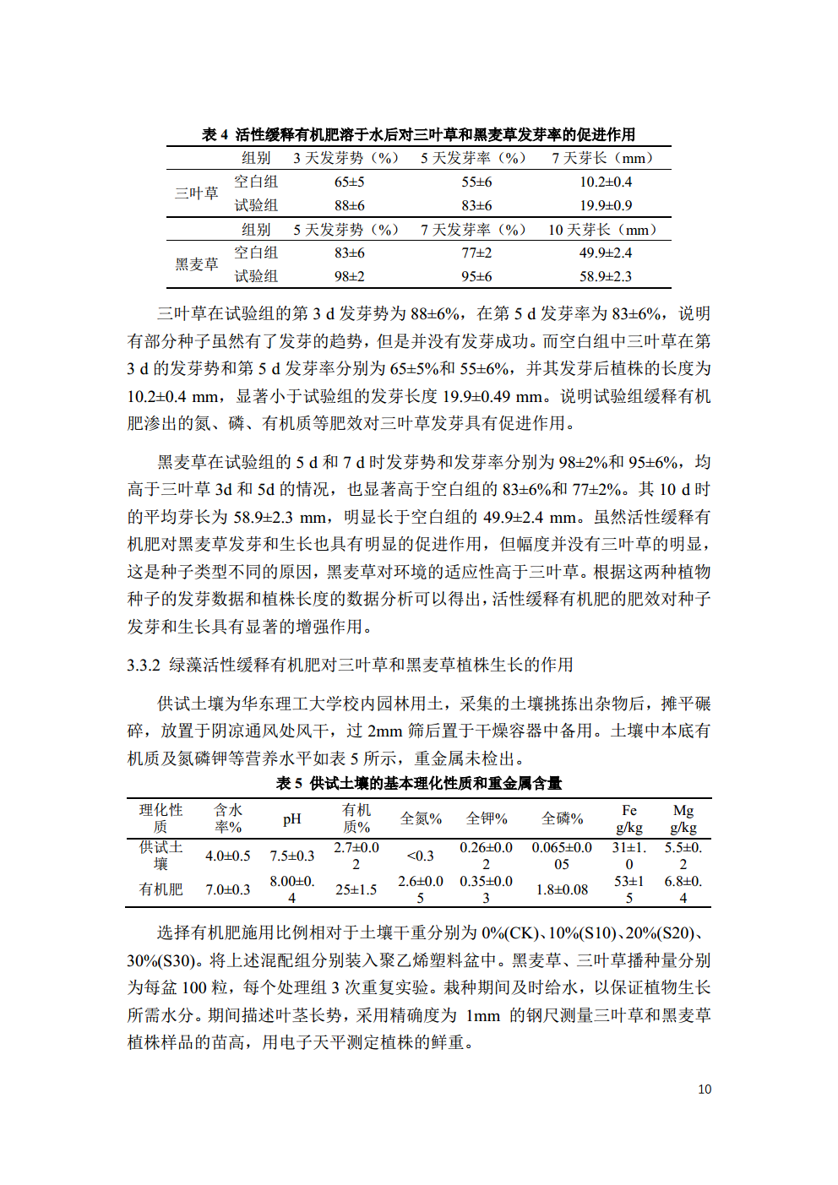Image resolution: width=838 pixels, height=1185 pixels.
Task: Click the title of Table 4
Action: pyautogui.click(x=418, y=134)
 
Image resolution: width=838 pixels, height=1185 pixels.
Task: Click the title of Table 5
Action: pyautogui.click(x=418, y=783)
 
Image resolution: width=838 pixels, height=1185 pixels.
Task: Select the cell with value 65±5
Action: pyautogui.click(x=349, y=182)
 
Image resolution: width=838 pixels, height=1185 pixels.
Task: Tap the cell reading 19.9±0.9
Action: pyautogui.click(x=605, y=205)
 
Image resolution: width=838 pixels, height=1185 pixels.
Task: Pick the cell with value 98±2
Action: pyautogui.click(x=349, y=276)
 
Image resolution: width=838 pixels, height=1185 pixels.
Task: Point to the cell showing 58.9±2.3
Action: pyautogui.click(x=605, y=276)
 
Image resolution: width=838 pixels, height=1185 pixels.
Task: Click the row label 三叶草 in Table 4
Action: pyautogui.click(x=196, y=193)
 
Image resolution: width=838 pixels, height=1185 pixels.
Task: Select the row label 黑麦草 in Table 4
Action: pyautogui.click(x=196, y=264)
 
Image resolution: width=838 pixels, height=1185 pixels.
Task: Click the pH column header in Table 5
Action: pyautogui.click(x=291, y=818)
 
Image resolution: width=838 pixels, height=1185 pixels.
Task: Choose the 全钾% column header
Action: pyautogui.click(x=487, y=818)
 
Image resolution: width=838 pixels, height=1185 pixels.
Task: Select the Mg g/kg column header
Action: pyautogui.click(x=683, y=818)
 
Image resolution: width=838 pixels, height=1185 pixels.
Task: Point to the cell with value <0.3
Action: pyautogui.click(x=420, y=856)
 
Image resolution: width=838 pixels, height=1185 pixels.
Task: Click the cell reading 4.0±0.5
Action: pyautogui.click(x=227, y=856)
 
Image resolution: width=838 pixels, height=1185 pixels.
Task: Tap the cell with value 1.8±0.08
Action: pyautogui.click(x=562, y=889)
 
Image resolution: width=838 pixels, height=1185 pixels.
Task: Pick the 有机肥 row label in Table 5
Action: pyautogui.click(x=161, y=889)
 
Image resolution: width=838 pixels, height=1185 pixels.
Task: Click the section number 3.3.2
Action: pyautogui.click(x=144, y=666)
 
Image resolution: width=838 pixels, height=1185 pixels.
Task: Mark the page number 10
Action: pyautogui.click(x=705, y=1090)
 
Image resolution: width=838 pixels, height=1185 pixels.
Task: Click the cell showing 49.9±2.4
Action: pyautogui.click(x=605, y=253)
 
